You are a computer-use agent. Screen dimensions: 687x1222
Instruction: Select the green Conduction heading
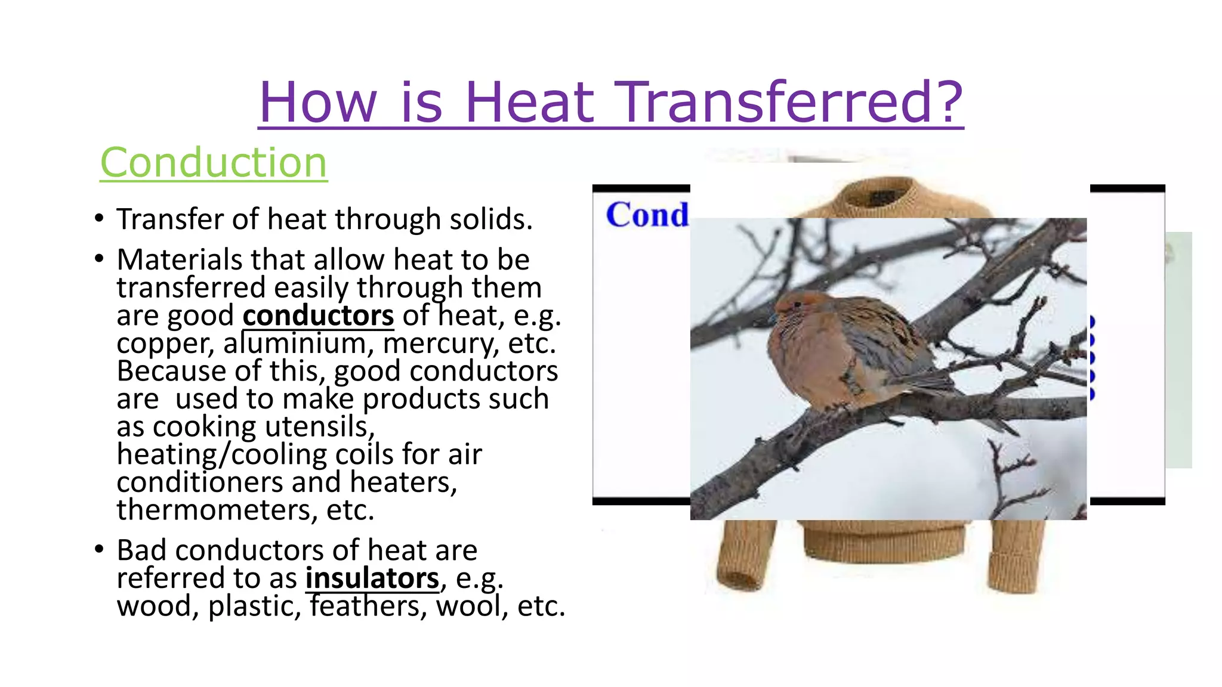pos(214,162)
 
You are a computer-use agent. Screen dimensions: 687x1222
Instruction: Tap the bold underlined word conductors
pos(318,315)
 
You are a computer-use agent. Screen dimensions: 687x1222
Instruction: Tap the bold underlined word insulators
pos(372,578)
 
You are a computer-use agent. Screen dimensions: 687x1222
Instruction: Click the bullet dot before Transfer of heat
pos(99,218)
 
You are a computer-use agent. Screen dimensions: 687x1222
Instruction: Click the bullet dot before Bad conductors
pos(99,549)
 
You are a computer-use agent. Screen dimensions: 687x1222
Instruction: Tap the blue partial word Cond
pos(647,215)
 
